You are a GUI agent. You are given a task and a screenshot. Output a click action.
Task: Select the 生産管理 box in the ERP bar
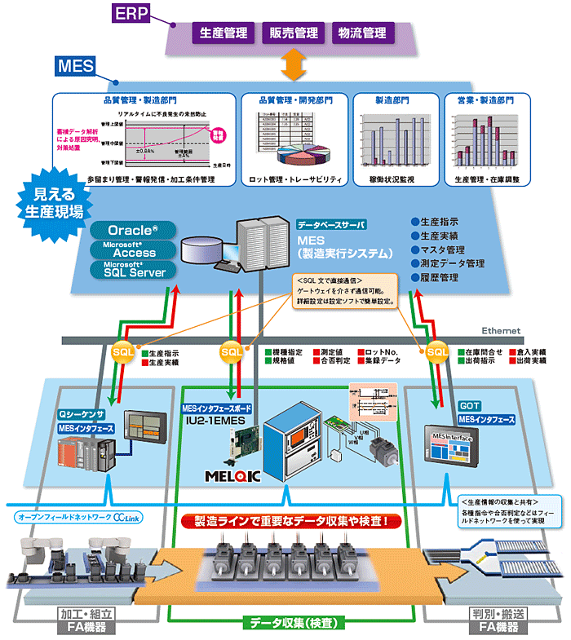pyautogui.click(x=223, y=34)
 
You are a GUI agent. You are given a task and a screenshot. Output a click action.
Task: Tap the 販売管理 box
pyautogui.click(x=294, y=34)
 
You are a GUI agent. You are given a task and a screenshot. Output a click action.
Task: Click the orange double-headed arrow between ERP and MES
pyautogui.click(x=293, y=66)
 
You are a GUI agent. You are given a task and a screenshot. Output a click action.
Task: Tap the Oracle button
pyautogui.click(x=135, y=231)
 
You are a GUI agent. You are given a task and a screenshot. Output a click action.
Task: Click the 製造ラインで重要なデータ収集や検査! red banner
pyautogui.click(x=290, y=519)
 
